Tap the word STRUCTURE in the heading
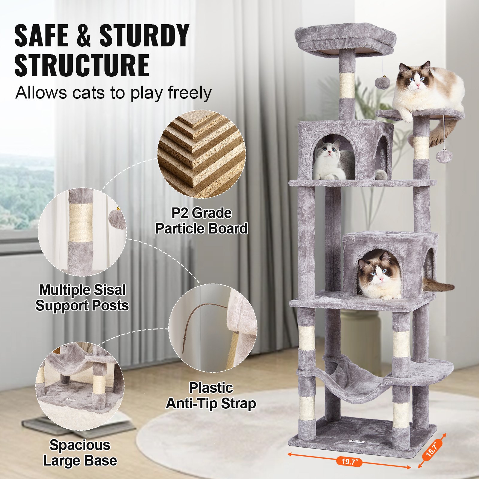tap(82, 65)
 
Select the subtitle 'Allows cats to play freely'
tap(113, 93)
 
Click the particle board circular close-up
tap(201, 154)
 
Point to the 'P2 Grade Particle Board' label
tap(201, 221)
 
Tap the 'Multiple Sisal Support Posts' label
tap(82, 298)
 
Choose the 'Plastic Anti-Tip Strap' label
tap(211, 395)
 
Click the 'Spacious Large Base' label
tap(80, 453)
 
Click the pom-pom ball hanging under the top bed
tap(382, 82)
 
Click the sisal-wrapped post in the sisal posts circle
tap(81, 223)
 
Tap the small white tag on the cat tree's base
tap(356, 441)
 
